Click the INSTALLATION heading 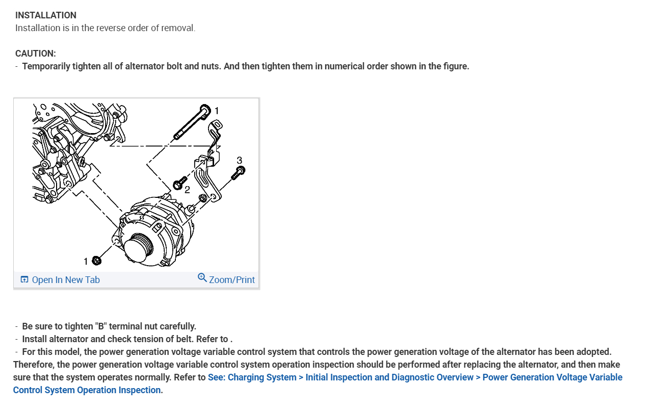pyautogui.click(x=46, y=15)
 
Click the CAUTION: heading pyautogui.click(x=36, y=54)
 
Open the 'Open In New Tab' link pyautogui.click(x=66, y=279)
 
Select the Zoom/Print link pyautogui.click(x=231, y=279)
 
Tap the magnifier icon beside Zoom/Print pyautogui.click(x=202, y=278)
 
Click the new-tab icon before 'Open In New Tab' pyautogui.click(x=24, y=279)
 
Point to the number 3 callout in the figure pyautogui.click(x=239, y=160)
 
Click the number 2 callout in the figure pyautogui.click(x=187, y=190)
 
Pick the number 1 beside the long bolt pyautogui.click(x=217, y=110)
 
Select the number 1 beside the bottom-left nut pyautogui.click(x=86, y=262)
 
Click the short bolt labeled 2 pyautogui.click(x=179, y=184)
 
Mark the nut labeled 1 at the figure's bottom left pyautogui.click(x=97, y=261)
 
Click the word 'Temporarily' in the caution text pyautogui.click(x=46, y=66)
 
